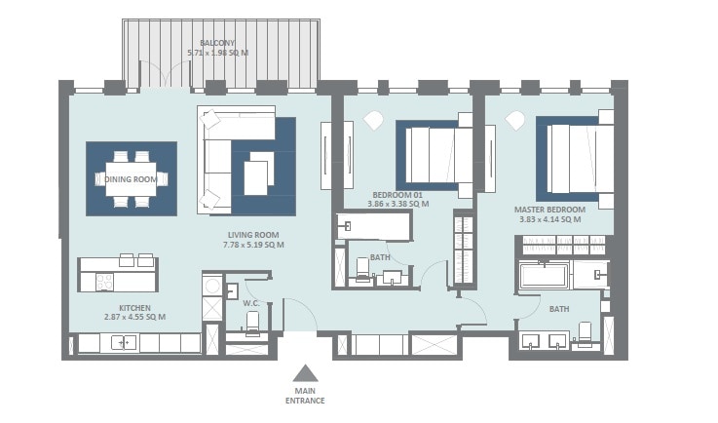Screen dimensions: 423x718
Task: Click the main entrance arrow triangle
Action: click(306, 372)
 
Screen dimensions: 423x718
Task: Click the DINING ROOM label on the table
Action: click(131, 178)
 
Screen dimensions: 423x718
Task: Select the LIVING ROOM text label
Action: click(253, 234)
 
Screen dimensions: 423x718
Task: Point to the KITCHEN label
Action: click(122, 305)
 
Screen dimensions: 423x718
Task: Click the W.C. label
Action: click(249, 302)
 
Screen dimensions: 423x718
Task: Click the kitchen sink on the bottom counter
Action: click(123, 342)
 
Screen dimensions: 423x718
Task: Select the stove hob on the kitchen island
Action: click(101, 282)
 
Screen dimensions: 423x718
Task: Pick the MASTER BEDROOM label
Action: click(549, 210)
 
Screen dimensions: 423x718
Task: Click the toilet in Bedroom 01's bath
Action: click(363, 269)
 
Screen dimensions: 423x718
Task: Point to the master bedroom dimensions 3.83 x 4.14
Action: click(549, 220)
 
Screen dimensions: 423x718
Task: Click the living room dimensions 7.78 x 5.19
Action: click(253, 245)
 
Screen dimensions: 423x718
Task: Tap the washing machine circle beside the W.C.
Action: click(211, 286)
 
